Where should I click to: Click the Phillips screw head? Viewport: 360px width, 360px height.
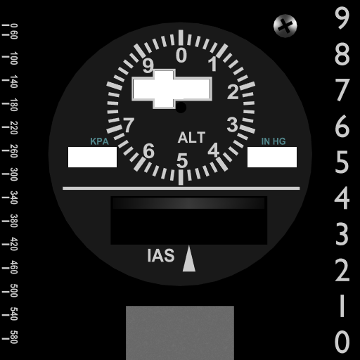(x=285, y=26)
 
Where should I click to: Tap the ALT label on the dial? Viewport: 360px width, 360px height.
(x=191, y=137)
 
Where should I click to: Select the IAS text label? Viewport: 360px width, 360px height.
(x=161, y=255)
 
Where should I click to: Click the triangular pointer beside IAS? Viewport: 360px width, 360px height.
(x=189, y=259)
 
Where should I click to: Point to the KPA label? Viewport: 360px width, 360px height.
(x=99, y=141)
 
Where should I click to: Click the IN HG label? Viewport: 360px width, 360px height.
(x=274, y=141)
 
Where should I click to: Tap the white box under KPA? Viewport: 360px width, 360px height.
(x=92, y=157)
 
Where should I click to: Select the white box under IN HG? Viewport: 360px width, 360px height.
(x=272, y=157)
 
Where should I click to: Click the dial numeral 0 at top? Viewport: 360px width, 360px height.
(x=181, y=56)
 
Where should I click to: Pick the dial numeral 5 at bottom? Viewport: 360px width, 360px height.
(x=182, y=161)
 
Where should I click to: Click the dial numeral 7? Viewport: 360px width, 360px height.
(x=129, y=125)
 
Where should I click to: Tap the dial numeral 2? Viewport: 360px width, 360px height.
(x=233, y=91)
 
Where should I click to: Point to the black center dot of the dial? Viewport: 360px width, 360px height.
(x=181, y=108)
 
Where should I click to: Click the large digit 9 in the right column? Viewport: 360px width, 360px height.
(x=342, y=18)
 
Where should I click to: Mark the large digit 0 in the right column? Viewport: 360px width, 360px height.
(x=342, y=342)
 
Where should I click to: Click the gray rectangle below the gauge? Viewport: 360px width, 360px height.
(x=180, y=333)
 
